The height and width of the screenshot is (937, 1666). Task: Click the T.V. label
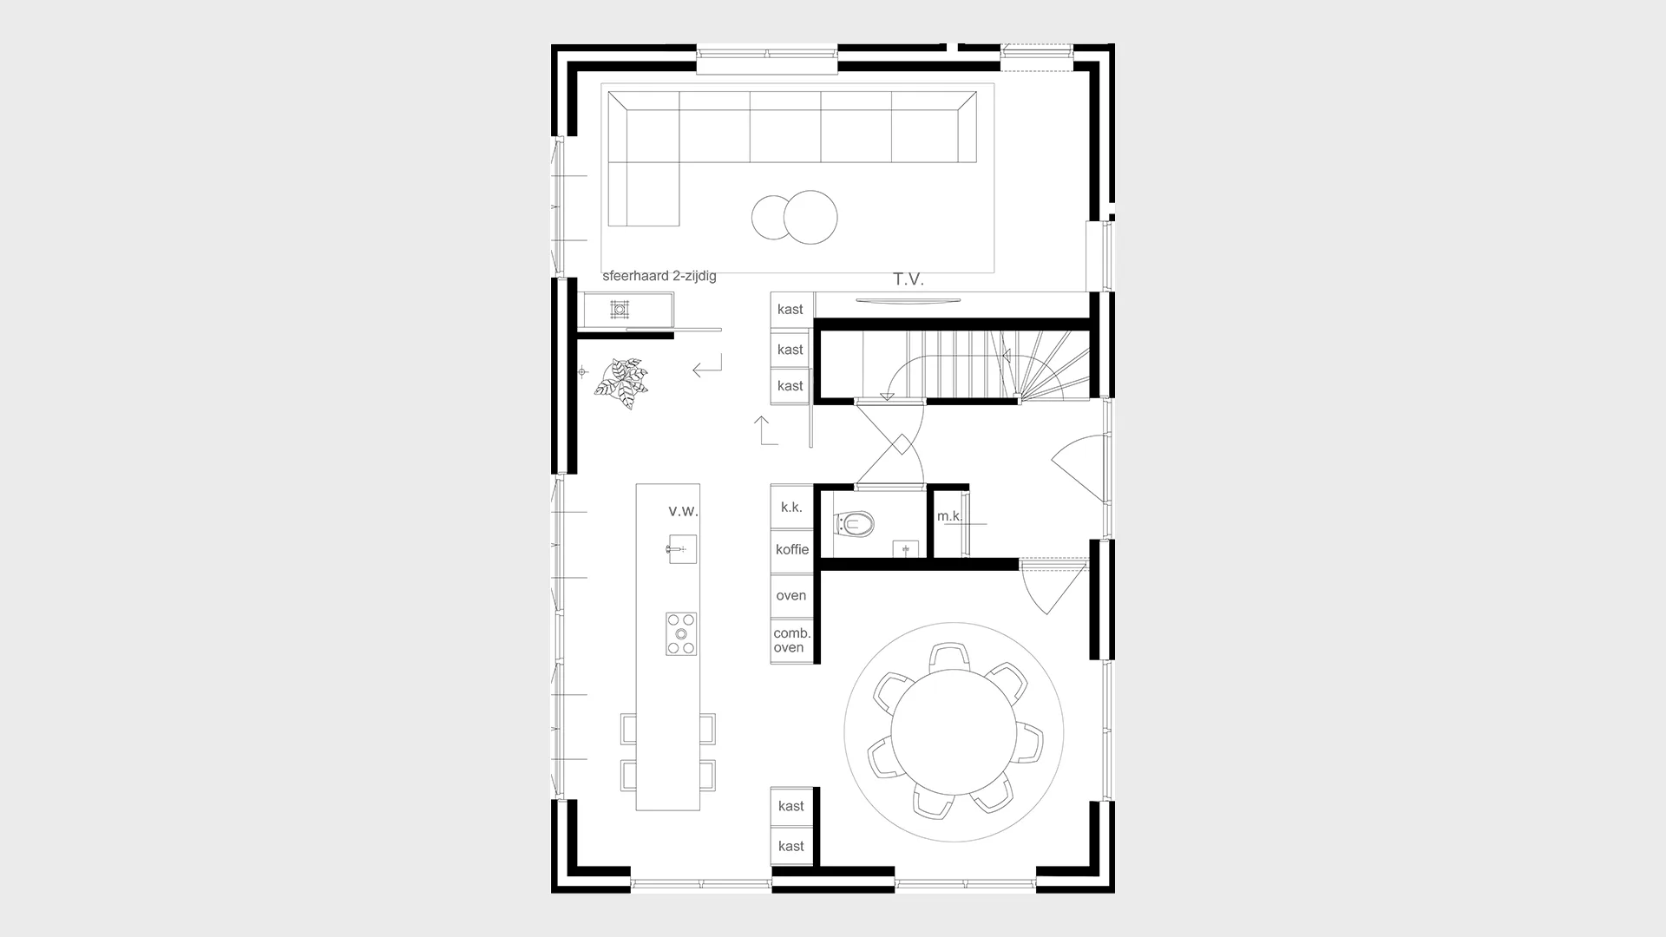[x=908, y=279]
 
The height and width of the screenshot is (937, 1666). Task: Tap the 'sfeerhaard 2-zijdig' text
[x=659, y=277]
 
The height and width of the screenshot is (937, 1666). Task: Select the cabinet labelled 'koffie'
[x=791, y=550]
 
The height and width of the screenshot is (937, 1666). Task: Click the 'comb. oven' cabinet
[x=791, y=641]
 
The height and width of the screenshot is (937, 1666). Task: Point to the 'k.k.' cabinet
[x=791, y=507]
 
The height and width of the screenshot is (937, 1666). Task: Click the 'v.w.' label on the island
[x=683, y=511]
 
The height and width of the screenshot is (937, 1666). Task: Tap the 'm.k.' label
[x=949, y=516]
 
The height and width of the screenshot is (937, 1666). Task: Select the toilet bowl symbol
[x=854, y=524]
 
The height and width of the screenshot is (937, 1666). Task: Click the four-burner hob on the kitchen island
[x=681, y=634]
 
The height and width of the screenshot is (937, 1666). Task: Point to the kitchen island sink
[x=681, y=549]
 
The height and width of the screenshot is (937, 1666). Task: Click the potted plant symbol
[x=622, y=383]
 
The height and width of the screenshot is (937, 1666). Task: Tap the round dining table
[x=954, y=732]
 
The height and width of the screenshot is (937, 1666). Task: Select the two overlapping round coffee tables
[x=794, y=217]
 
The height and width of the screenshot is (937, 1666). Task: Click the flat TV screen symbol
[x=908, y=301]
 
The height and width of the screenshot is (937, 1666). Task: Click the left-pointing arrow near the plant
[x=707, y=367]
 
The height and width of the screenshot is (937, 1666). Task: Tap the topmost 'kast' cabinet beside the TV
[x=791, y=310]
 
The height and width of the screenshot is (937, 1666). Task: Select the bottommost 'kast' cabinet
[x=791, y=846]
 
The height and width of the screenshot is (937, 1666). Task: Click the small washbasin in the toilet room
[x=906, y=549]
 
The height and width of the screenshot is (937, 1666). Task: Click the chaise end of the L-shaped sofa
[x=643, y=194]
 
